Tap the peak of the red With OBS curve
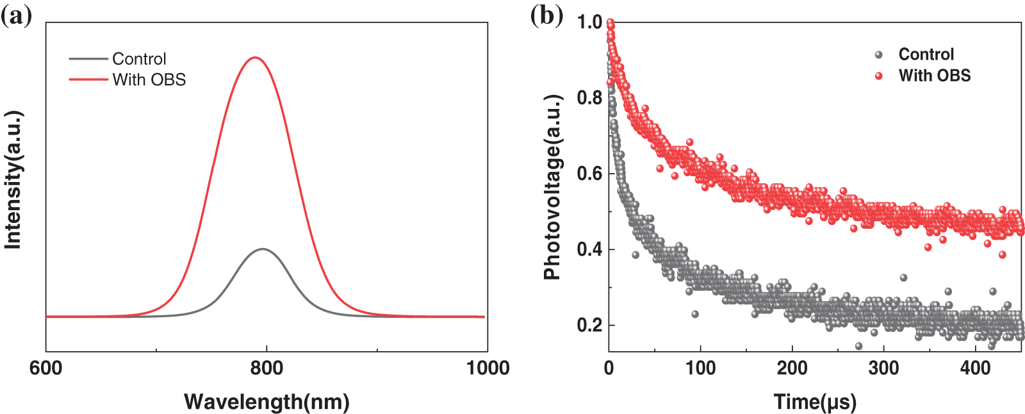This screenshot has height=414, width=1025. click(256, 58)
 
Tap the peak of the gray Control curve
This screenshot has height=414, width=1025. click(263, 249)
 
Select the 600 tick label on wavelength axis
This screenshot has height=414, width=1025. click(46, 368)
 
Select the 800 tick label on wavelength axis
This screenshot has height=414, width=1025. click(266, 368)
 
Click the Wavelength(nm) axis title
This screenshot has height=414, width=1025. click(266, 402)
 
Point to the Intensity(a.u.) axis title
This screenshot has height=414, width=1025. click(13, 180)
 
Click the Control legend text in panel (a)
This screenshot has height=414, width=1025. click(139, 59)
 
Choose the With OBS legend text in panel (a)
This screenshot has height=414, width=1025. click(149, 80)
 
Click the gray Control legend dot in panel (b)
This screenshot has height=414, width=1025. click(879, 55)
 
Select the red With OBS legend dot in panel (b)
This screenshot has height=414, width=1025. click(879, 76)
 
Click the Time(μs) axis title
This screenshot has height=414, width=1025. click(815, 402)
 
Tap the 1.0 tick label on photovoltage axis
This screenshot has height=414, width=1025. click(589, 22)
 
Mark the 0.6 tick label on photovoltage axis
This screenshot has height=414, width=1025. click(589, 174)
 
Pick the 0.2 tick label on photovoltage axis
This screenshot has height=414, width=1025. click(589, 325)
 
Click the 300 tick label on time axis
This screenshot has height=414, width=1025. click(884, 368)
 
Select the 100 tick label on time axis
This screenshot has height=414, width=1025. click(700, 368)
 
